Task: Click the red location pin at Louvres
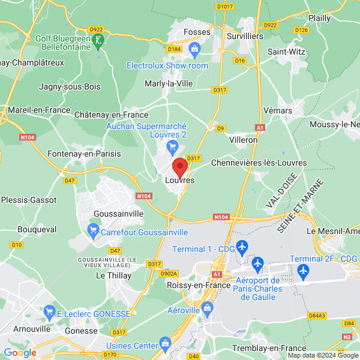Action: pos(180,166)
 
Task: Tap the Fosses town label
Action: pos(196,31)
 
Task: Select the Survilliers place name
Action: pos(245,36)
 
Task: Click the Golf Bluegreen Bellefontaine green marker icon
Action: pos(100,40)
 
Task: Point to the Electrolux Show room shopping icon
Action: pos(194,49)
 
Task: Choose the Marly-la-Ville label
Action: pos(169,83)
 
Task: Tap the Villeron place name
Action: pos(244,139)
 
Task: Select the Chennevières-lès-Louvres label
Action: pos(259,163)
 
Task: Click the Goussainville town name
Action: pos(119,213)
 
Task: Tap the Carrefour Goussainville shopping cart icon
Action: pos(93,229)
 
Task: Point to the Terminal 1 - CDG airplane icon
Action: pos(242,246)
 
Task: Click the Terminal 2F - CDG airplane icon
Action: pos(302,272)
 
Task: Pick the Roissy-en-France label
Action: pos(197,286)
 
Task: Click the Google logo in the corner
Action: pos(20,353)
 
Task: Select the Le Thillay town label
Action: pos(112,275)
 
